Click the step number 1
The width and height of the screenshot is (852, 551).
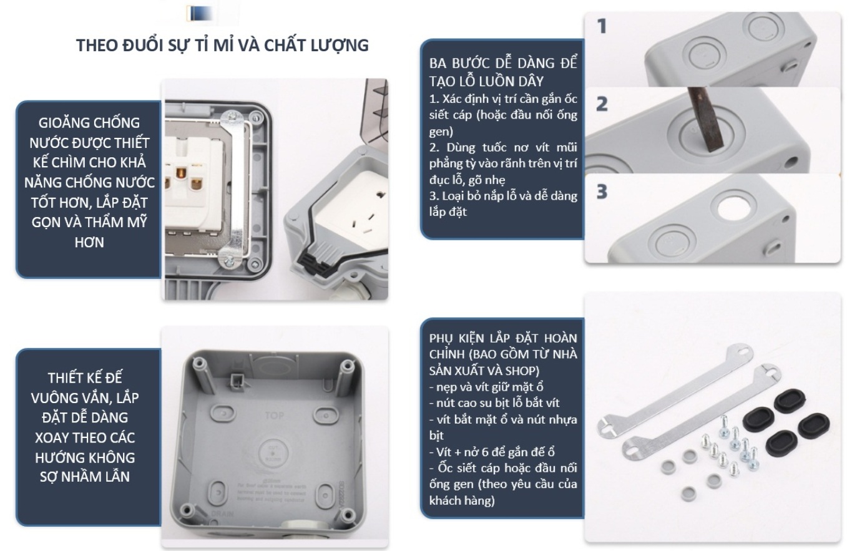click(x=602, y=26)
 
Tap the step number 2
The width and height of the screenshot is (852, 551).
click(x=602, y=104)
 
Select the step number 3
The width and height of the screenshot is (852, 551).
click(x=602, y=192)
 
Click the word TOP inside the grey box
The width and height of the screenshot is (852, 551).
click(x=274, y=416)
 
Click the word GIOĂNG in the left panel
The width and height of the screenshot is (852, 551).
click(x=63, y=123)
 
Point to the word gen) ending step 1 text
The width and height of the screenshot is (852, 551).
click(x=441, y=132)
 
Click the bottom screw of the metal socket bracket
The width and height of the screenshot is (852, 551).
click(x=229, y=260)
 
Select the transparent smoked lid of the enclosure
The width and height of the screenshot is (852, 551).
click(x=376, y=110)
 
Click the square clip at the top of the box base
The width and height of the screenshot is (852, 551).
click(x=237, y=379)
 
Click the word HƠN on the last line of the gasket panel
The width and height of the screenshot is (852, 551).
click(x=89, y=243)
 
